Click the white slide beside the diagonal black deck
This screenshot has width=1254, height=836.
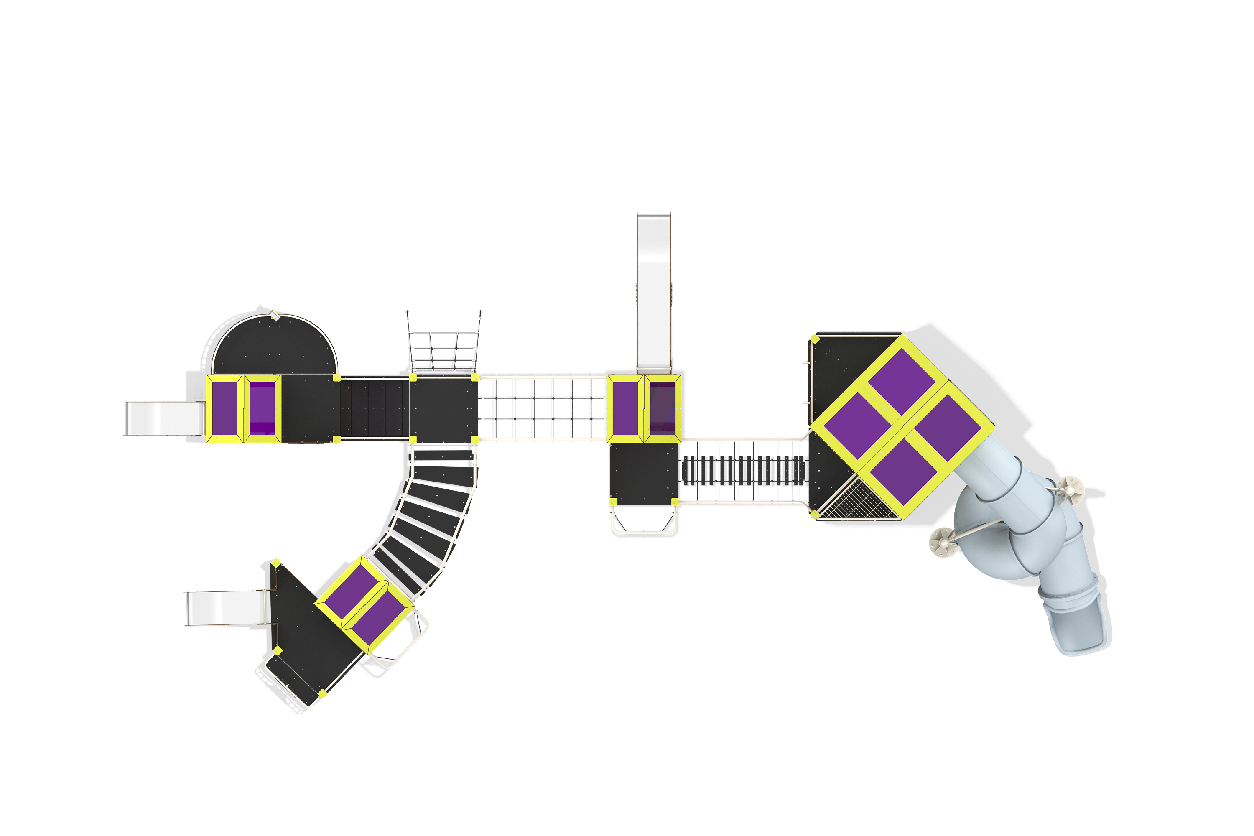[x=227, y=608]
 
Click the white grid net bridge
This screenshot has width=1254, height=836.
[x=542, y=408]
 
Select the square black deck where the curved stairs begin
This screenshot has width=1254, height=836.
[x=443, y=408]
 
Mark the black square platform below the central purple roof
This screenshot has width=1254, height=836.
[x=644, y=472]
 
